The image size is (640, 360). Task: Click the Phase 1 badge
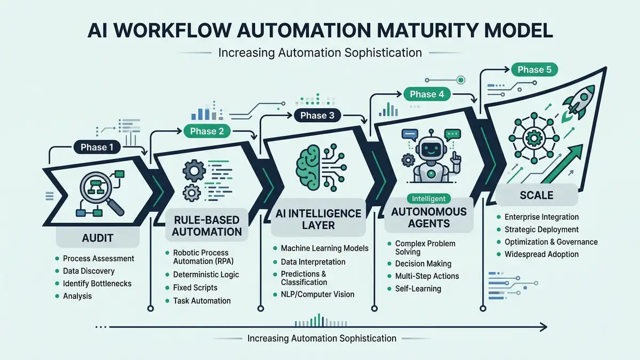(x=97, y=148)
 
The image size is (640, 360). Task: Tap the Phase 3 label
(x=317, y=115)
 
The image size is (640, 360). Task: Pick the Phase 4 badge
(x=427, y=94)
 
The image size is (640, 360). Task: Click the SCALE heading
(x=537, y=195)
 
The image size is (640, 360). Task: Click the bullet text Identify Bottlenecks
(x=97, y=283)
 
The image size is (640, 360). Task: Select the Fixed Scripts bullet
(x=195, y=287)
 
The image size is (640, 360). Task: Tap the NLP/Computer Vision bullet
(x=317, y=294)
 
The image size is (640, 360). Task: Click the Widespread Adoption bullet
(x=541, y=254)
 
